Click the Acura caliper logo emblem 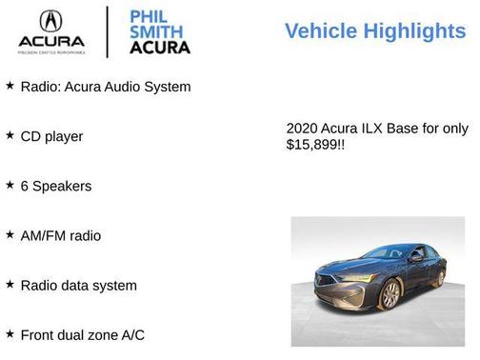50,21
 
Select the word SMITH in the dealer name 155,30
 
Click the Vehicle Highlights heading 375,31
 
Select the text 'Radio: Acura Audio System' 106,87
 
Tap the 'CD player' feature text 51,136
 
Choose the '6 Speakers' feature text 56,186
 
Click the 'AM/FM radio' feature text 61,235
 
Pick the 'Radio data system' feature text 78,285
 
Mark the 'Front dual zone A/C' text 83,334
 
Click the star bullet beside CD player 10,135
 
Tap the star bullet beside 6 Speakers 10,185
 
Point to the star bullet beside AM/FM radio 10,234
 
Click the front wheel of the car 390,294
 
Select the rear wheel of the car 440,277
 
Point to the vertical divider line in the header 107,31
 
